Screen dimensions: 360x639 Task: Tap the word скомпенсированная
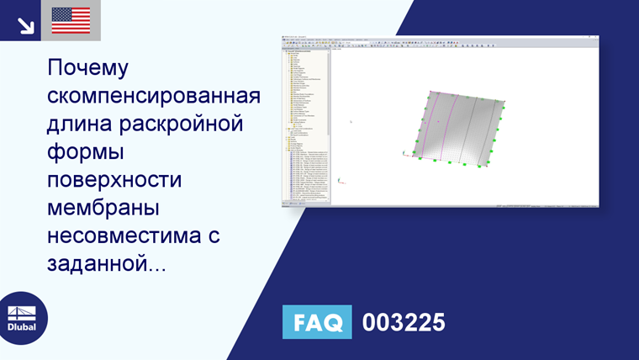click(x=154, y=96)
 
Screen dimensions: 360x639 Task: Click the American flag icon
click(x=71, y=20)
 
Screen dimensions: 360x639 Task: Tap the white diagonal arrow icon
click(x=25, y=25)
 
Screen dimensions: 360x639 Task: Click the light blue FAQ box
click(x=317, y=322)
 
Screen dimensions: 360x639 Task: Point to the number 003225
click(x=403, y=322)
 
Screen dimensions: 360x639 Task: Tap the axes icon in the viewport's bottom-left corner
click(x=340, y=179)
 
